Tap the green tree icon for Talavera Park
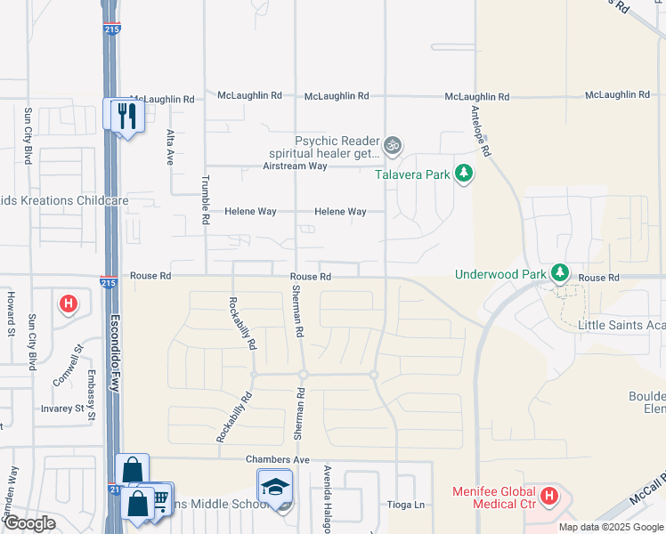tap(463, 174)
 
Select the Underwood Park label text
tap(499, 274)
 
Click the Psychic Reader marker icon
tap(393, 144)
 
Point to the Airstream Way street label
tap(295, 166)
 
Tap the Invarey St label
tap(67, 410)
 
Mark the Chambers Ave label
tap(277, 459)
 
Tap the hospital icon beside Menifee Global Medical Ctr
tap(549, 495)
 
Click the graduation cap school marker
tap(275, 487)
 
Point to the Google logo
tap(29, 523)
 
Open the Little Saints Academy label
tap(621, 326)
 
